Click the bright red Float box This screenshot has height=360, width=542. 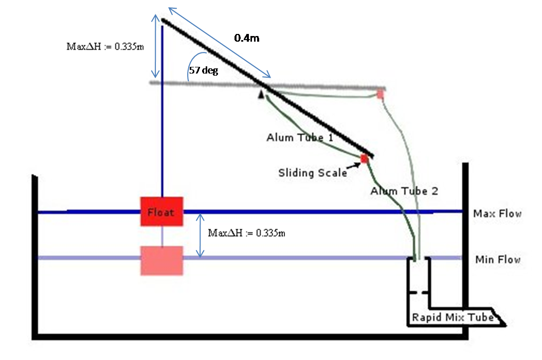[x=162, y=212]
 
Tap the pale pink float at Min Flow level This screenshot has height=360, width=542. [x=162, y=261]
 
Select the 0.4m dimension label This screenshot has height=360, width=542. [x=247, y=38]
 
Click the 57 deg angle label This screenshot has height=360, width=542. [x=204, y=70]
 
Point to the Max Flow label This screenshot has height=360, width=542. [x=497, y=214]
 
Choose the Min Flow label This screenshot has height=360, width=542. [x=498, y=259]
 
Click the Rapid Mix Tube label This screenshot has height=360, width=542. [x=453, y=317]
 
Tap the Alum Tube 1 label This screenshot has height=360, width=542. [x=300, y=138]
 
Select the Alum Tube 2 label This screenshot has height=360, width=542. [x=404, y=191]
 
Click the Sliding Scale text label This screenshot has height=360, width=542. [x=313, y=173]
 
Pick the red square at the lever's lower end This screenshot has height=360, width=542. [x=364, y=159]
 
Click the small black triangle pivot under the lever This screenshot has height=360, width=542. [x=261, y=94]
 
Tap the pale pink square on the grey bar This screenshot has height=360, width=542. [x=380, y=95]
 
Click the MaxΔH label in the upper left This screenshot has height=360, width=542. [x=105, y=46]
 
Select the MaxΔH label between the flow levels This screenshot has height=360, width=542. [x=246, y=233]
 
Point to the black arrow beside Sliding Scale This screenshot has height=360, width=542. [x=353, y=166]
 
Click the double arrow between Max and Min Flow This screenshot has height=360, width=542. [x=200, y=236]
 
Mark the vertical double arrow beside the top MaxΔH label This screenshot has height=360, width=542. [x=155, y=46]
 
